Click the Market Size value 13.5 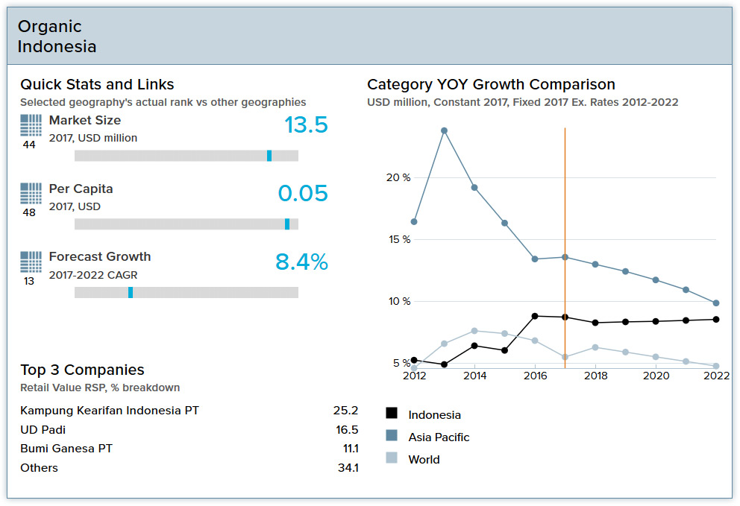coord(306,125)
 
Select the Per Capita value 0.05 coord(303,194)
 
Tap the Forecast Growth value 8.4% coord(301,262)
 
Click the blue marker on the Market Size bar coord(269,156)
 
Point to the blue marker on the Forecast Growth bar coord(131,293)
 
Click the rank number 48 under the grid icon coord(29,213)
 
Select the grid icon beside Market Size coord(31,125)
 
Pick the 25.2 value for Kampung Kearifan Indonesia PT coord(345,411)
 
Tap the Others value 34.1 coord(347,468)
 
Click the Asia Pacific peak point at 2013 coord(444,130)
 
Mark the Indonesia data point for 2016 coord(535,316)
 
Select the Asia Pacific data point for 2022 coord(716,303)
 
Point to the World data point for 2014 coord(474,331)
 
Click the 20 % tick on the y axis coord(398,177)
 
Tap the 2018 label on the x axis coord(595,376)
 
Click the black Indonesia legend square coord(392,414)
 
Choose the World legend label coord(424,460)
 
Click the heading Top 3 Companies coord(82,370)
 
